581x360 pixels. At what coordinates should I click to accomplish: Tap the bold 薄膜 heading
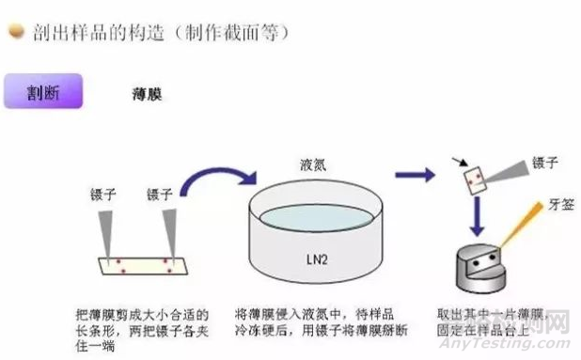(145, 95)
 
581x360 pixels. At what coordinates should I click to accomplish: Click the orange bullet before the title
(15, 31)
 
